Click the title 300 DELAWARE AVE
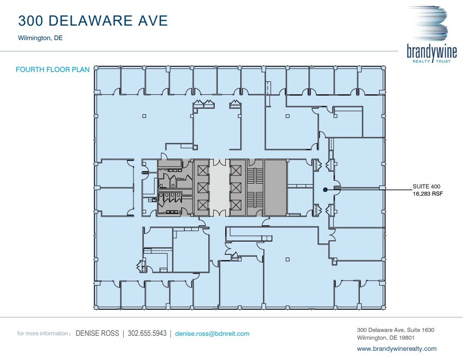(93, 21)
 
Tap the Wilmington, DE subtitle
(40, 38)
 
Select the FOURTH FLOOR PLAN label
(53, 70)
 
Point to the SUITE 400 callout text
(426, 186)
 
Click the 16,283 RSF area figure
(428, 194)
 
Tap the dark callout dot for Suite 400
(325, 190)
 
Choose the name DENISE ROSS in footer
(97, 333)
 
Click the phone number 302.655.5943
(147, 333)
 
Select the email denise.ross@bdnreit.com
(212, 333)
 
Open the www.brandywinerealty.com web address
(397, 348)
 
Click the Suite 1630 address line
(396, 330)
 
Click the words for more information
(43, 333)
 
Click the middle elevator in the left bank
(202, 187)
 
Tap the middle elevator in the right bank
(236, 187)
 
